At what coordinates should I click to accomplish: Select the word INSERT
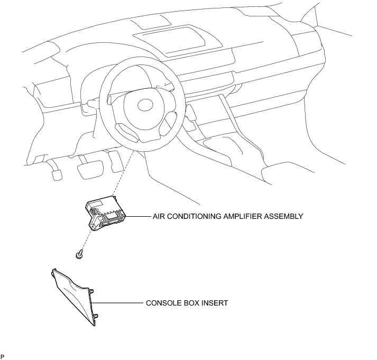coord(214,303)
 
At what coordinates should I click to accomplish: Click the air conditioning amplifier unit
coord(106,213)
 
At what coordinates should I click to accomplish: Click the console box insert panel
coord(77,296)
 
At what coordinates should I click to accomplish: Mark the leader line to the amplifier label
coord(139,216)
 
